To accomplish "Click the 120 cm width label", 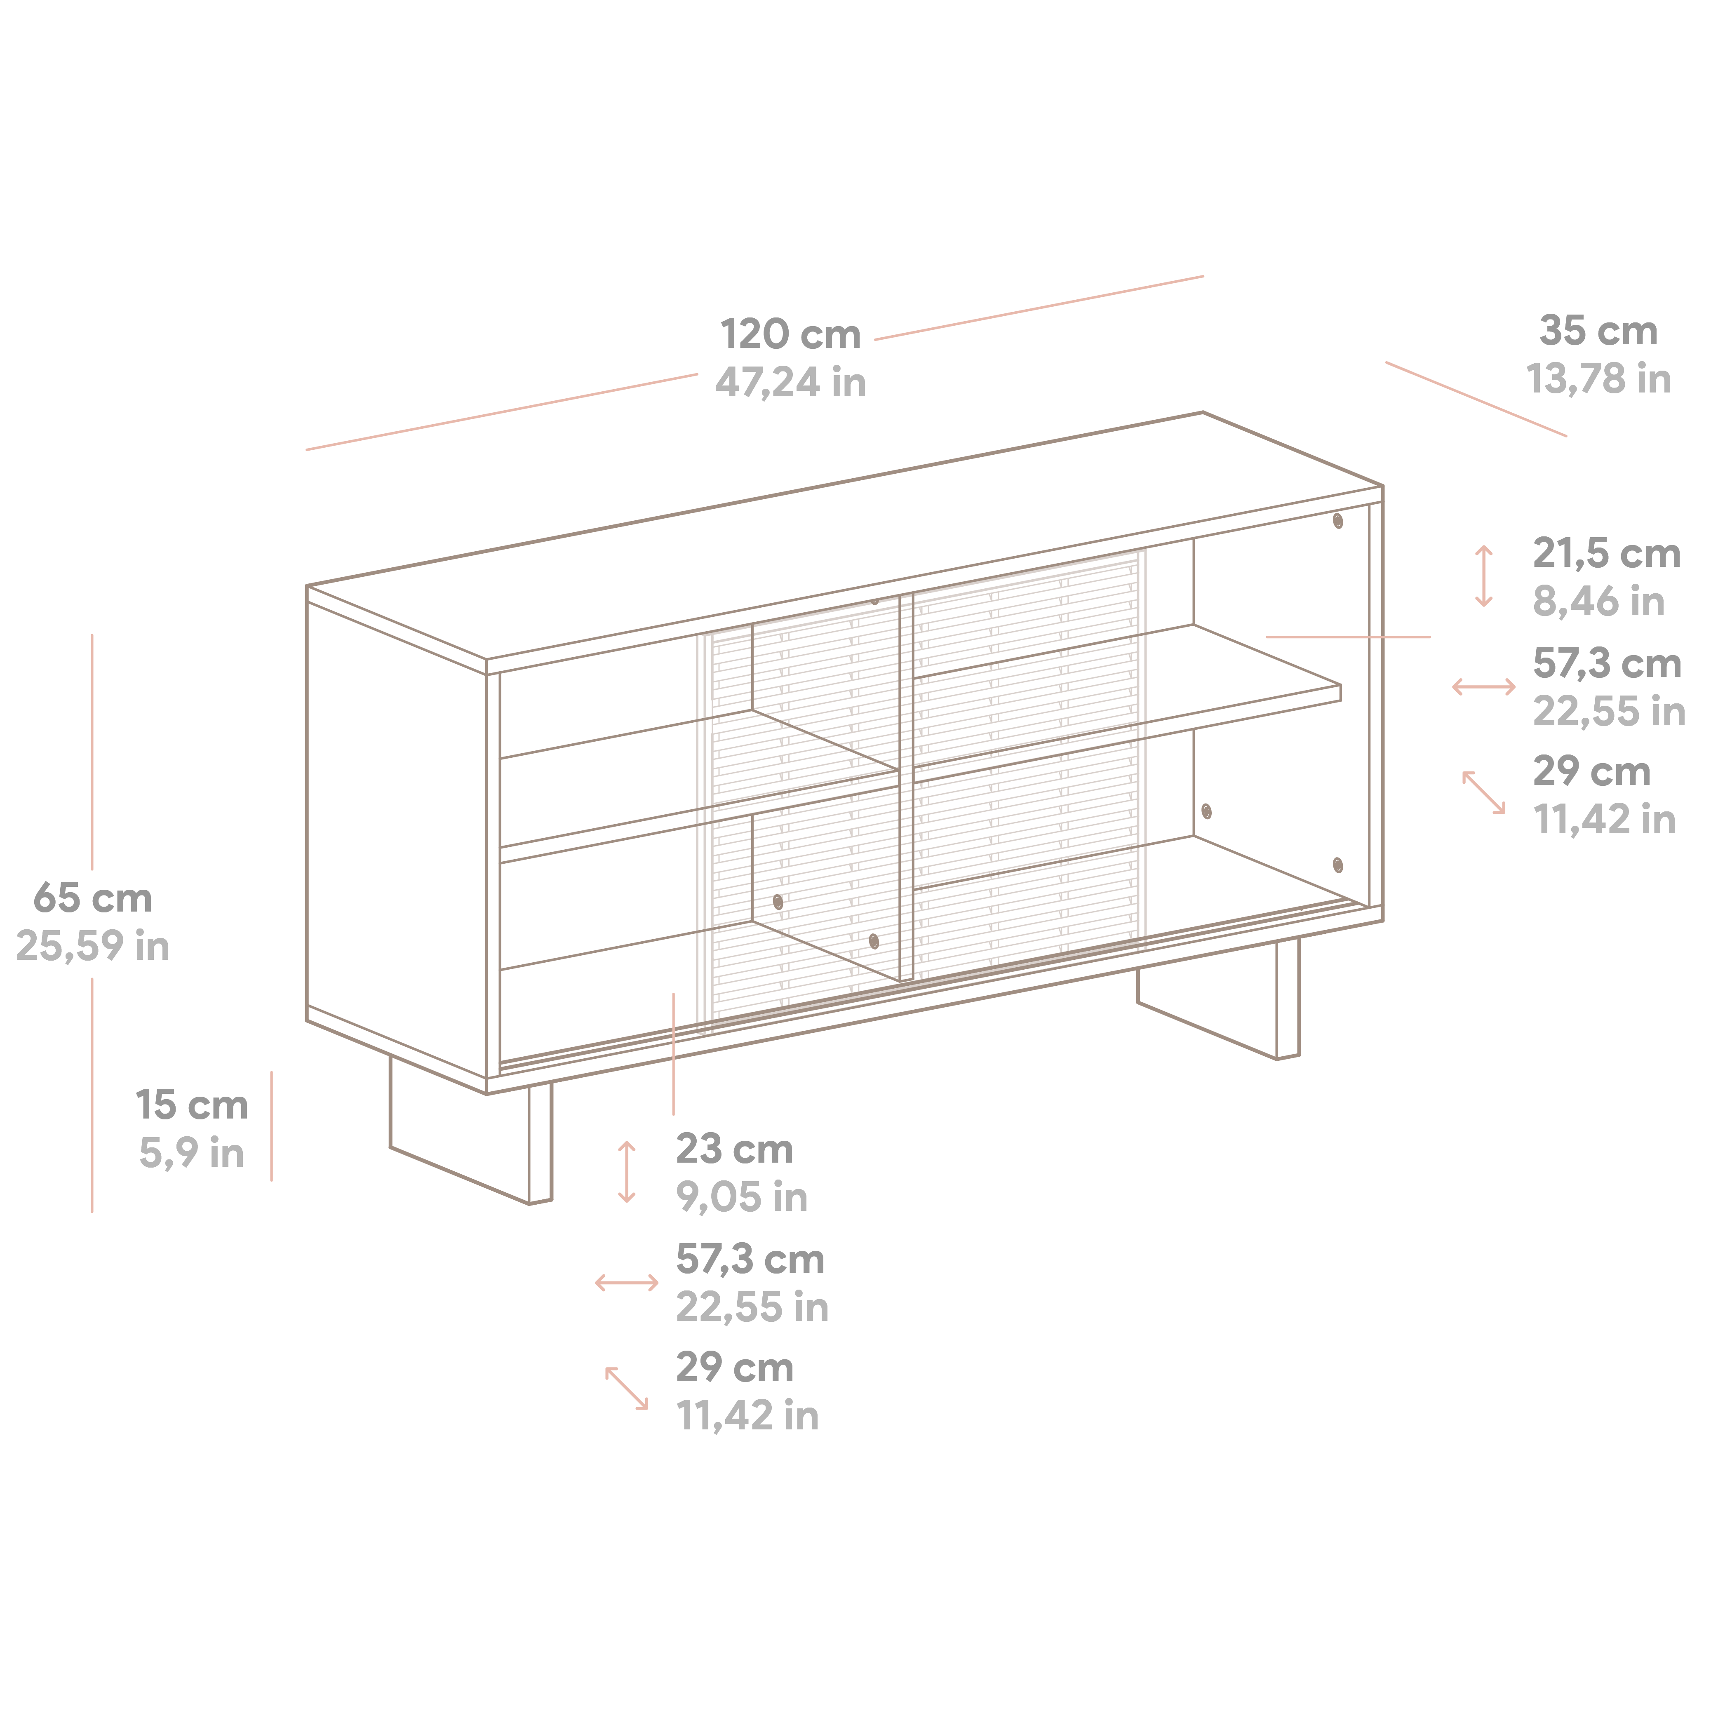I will pos(790,335).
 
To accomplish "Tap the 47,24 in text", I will pos(790,382).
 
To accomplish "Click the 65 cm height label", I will pos(92,898).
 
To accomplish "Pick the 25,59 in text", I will pos(92,946).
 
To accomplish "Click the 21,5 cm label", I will pos(1606,554).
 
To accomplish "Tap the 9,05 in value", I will pos(742,1197).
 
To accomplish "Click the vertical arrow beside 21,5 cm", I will pos(1483,576).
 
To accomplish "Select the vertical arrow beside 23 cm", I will pos(627,1172).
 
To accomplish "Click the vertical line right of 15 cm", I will pos(271,1126).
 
